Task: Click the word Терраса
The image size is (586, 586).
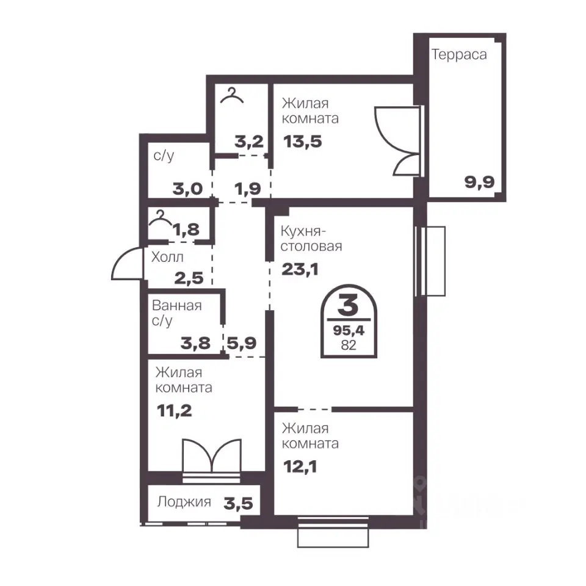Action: (x=459, y=55)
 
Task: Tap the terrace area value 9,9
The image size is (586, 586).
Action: (x=480, y=183)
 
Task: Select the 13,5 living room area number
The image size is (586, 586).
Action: (x=303, y=142)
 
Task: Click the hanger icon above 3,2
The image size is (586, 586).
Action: (x=232, y=95)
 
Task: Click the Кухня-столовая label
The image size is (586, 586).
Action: (x=311, y=239)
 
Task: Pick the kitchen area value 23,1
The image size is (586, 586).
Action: (x=300, y=269)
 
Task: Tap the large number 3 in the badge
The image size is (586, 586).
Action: (x=349, y=305)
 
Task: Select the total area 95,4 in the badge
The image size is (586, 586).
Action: (x=349, y=330)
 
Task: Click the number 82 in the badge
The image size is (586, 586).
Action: (x=349, y=345)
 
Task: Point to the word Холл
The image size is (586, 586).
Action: (x=167, y=257)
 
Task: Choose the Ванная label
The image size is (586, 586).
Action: (x=177, y=306)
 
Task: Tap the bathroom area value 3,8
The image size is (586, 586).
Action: (x=195, y=343)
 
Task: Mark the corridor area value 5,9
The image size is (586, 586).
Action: (x=242, y=342)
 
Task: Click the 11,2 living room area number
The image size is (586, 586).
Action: (x=175, y=411)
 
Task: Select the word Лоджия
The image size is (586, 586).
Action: (x=184, y=502)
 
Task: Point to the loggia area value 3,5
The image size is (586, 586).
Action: (x=239, y=504)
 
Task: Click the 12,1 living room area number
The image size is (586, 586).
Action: (x=300, y=466)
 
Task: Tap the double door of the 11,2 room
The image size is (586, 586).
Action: (x=212, y=455)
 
